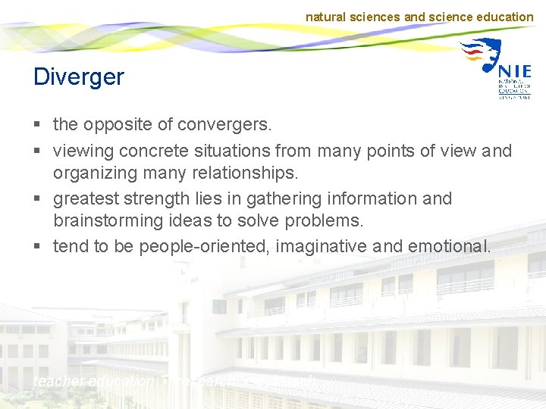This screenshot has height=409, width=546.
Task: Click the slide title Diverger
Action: pyautogui.click(x=78, y=76)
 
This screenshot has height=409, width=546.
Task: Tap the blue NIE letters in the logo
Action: pyautogui.click(x=515, y=70)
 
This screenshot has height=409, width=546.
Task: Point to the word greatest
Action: pyautogui.click(x=86, y=198)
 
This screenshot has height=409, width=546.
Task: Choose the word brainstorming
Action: pyautogui.click(x=107, y=220)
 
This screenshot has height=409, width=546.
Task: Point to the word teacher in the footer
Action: pyautogui.click(x=58, y=382)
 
